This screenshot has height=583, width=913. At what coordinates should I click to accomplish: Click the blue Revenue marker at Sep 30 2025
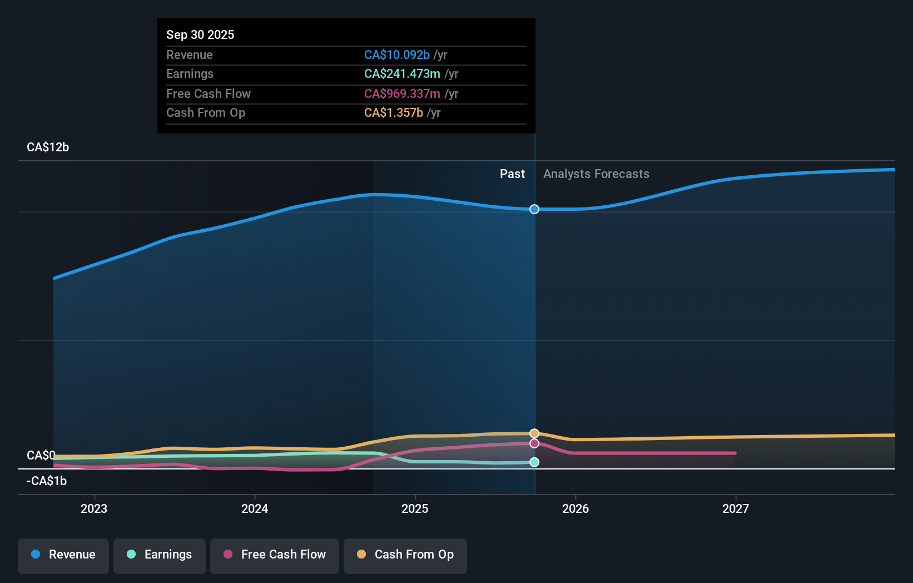[x=534, y=209]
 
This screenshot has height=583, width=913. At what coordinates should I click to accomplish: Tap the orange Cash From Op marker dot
[x=534, y=433]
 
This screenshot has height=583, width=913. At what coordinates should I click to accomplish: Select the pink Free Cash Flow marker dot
[x=534, y=443]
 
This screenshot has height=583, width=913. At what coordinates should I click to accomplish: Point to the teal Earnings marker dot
[x=534, y=462]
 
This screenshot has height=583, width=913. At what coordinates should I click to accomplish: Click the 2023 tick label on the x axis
[x=94, y=509]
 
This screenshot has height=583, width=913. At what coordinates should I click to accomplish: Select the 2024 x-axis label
[x=255, y=509]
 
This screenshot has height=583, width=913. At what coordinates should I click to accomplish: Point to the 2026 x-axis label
[x=575, y=509]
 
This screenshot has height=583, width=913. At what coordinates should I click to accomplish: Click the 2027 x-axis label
[x=736, y=509]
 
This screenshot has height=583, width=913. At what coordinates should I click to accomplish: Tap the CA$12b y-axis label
[x=48, y=147]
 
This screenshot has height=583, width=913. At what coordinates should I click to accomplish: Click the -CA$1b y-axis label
[x=47, y=481]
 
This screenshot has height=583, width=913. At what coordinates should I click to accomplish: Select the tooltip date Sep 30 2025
[x=200, y=34]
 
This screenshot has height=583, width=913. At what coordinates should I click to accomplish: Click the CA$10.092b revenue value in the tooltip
[x=397, y=55]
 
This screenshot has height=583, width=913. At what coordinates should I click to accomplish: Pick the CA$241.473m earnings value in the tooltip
[x=403, y=74]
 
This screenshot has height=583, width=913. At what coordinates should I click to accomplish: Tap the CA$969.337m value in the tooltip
[x=403, y=94]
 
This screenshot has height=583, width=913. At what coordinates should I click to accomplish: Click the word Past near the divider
[x=512, y=174]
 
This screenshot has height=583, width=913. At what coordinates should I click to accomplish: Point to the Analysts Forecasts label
[x=596, y=174]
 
